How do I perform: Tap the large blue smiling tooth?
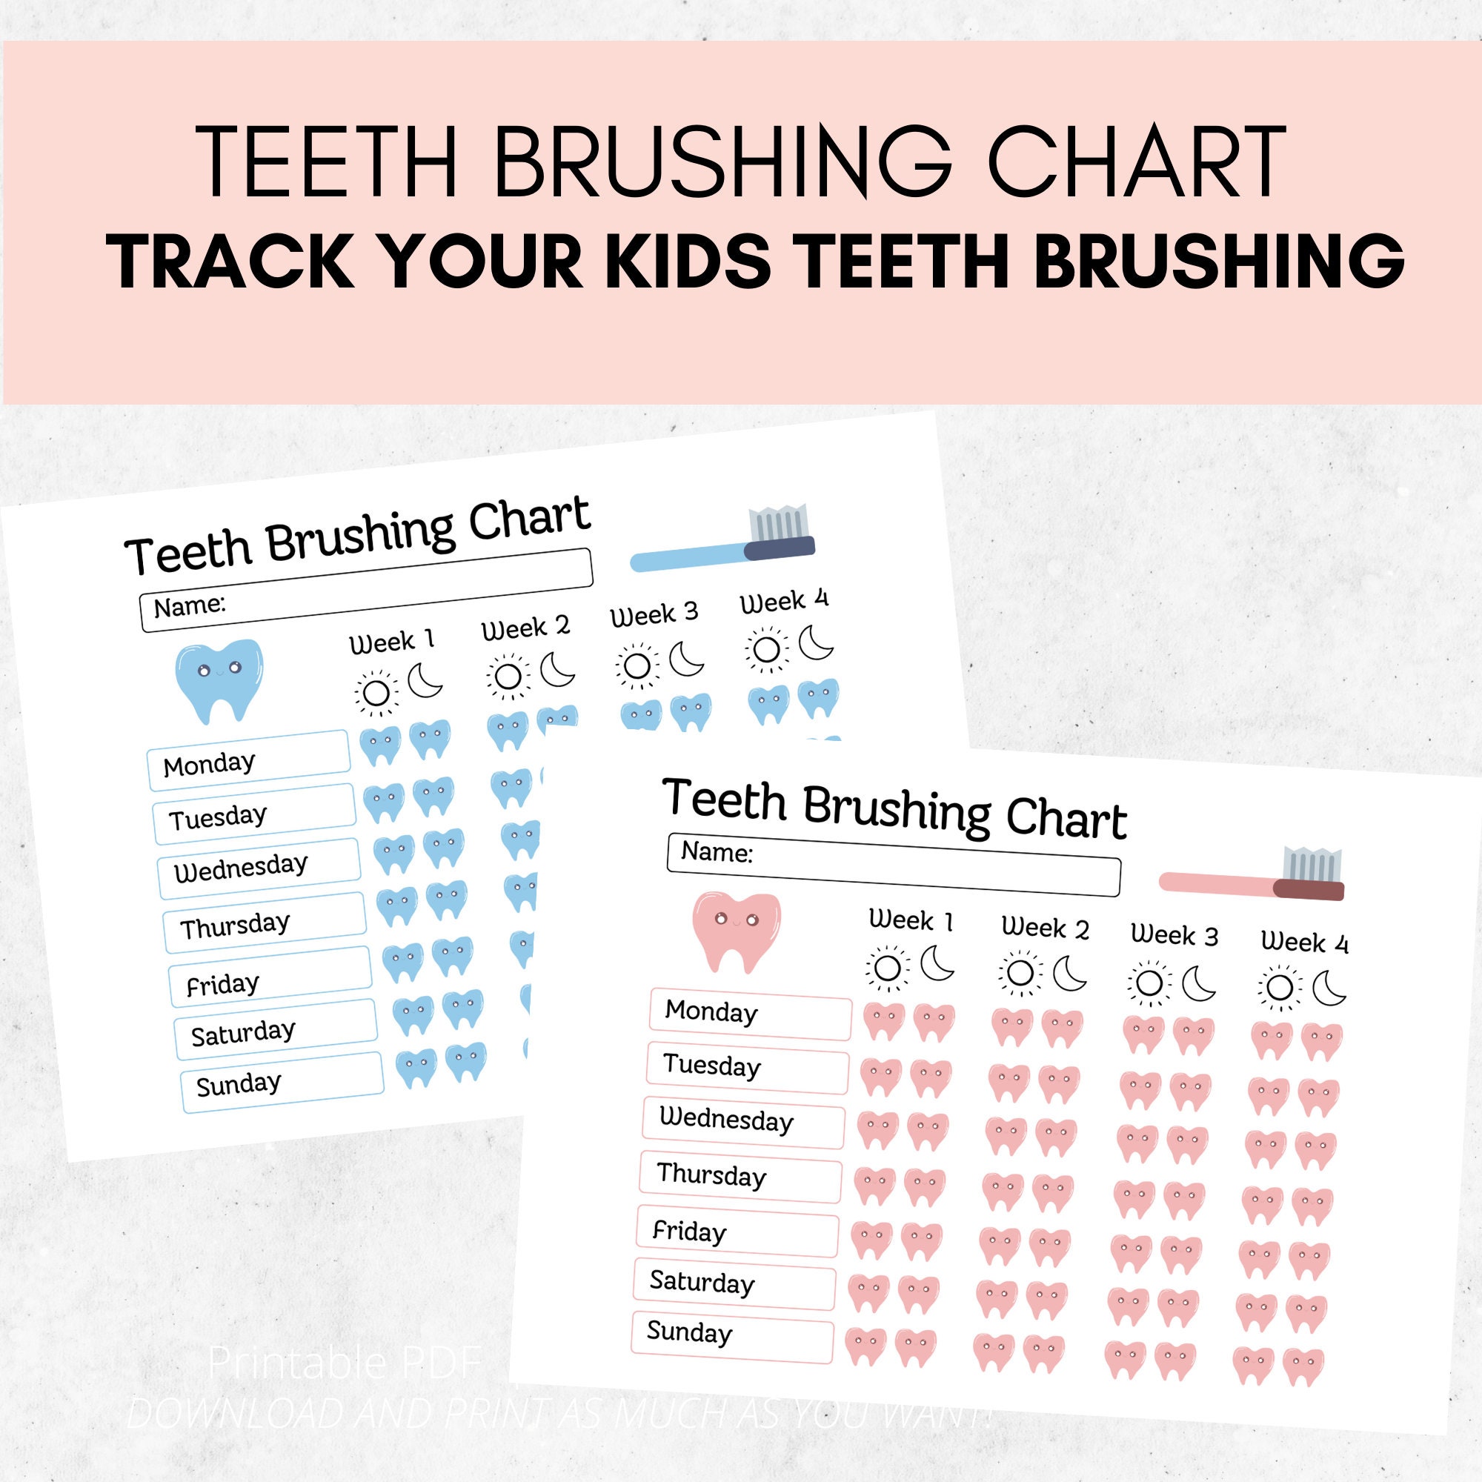(x=219, y=679)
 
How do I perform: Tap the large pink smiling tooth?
(x=736, y=931)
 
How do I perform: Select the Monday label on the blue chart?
(x=210, y=764)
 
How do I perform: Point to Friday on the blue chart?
(x=222, y=984)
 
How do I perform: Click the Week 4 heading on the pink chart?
(x=1303, y=942)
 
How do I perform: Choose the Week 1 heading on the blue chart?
(x=391, y=641)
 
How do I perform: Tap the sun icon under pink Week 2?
(x=1020, y=973)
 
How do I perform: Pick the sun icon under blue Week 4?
(x=765, y=650)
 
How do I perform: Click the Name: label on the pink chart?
(x=717, y=851)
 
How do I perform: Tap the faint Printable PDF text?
(x=345, y=1363)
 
